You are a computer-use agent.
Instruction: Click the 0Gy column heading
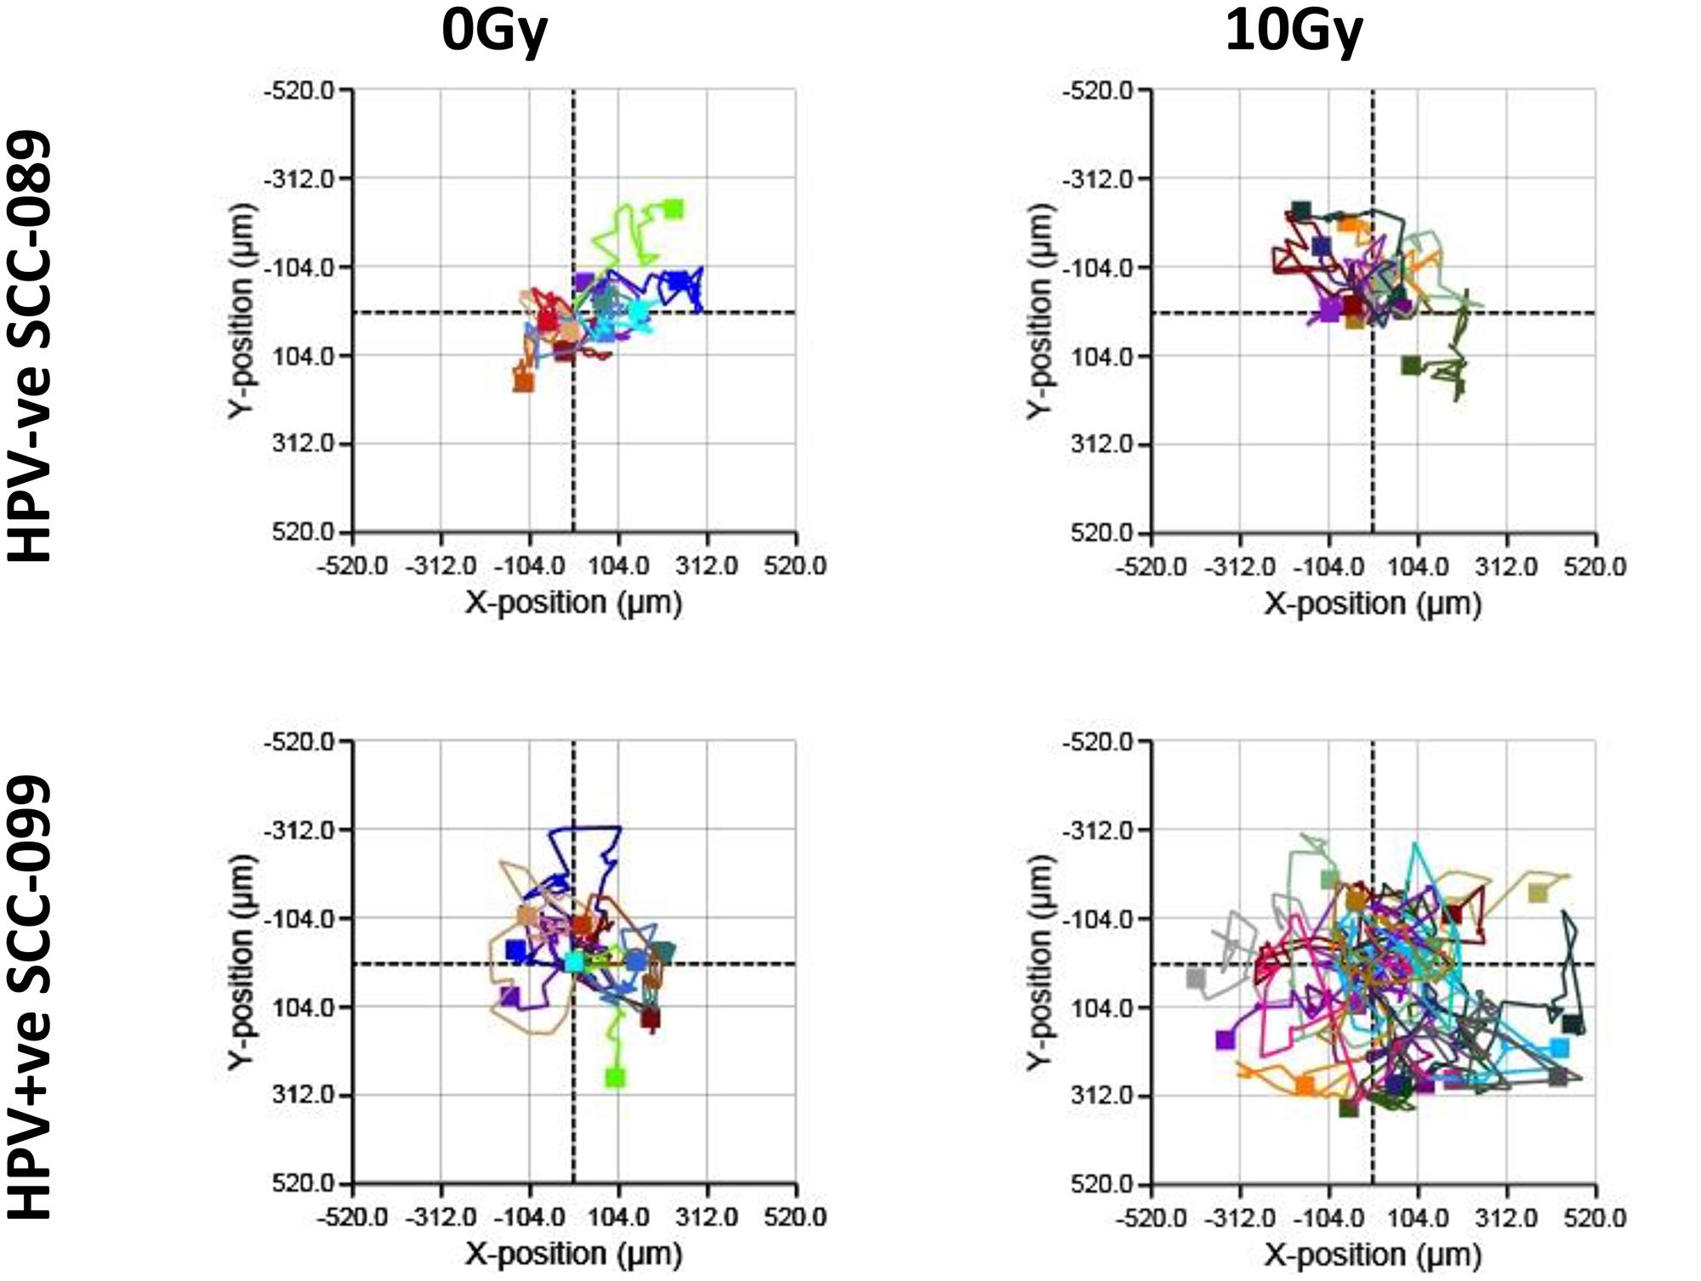[x=494, y=32]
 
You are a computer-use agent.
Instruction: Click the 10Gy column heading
[x=1294, y=32]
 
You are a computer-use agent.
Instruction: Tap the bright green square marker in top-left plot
[x=674, y=208]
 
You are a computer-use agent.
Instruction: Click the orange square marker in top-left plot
[x=523, y=383]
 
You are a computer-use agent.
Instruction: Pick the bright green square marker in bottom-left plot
[x=615, y=1078]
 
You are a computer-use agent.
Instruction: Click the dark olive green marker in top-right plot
[x=1411, y=366]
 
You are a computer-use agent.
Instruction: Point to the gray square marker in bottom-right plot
[x=1196, y=978]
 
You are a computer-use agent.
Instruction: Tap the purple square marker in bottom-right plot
[x=1225, y=1040]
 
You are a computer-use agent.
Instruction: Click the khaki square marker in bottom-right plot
[x=1537, y=893]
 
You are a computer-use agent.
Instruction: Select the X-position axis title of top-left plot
[x=573, y=603]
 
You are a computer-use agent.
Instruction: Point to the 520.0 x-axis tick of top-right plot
[x=1595, y=567]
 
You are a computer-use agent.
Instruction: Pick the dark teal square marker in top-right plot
[x=1300, y=210]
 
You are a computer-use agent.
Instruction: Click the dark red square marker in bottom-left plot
[x=651, y=1018]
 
